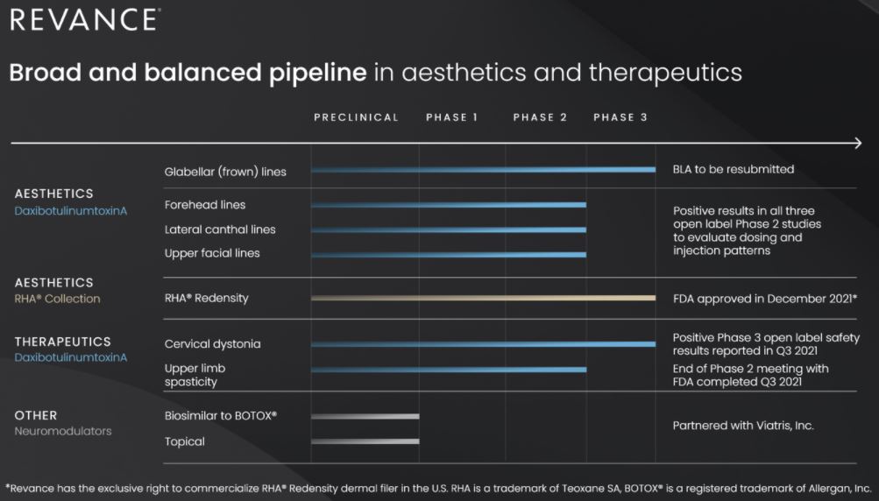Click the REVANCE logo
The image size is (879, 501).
tap(85, 19)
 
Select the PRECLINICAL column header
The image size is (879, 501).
tap(356, 117)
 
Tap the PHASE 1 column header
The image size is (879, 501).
tap(452, 117)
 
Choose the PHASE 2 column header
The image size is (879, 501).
tap(540, 117)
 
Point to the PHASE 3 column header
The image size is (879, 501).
tap(620, 117)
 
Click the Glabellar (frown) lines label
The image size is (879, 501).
tap(225, 172)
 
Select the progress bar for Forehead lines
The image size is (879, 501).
tap(449, 205)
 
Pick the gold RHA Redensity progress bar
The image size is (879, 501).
tap(483, 298)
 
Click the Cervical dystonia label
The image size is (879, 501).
tap(212, 344)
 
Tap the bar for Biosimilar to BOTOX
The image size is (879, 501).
tap(365, 416)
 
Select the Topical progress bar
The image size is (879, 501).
tap(365, 441)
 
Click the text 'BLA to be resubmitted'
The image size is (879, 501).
tap(734, 169)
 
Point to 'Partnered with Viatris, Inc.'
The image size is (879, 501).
tap(743, 426)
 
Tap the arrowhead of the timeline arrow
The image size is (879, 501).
tap(859, 144)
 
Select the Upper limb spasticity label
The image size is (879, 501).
tap(195, 375)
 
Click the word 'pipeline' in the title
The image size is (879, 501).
tap(318, 74)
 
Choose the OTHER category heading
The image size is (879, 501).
tap(36, 415)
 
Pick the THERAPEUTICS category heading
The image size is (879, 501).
tap(63, 342)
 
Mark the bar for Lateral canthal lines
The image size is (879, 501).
tap(449, 229)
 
